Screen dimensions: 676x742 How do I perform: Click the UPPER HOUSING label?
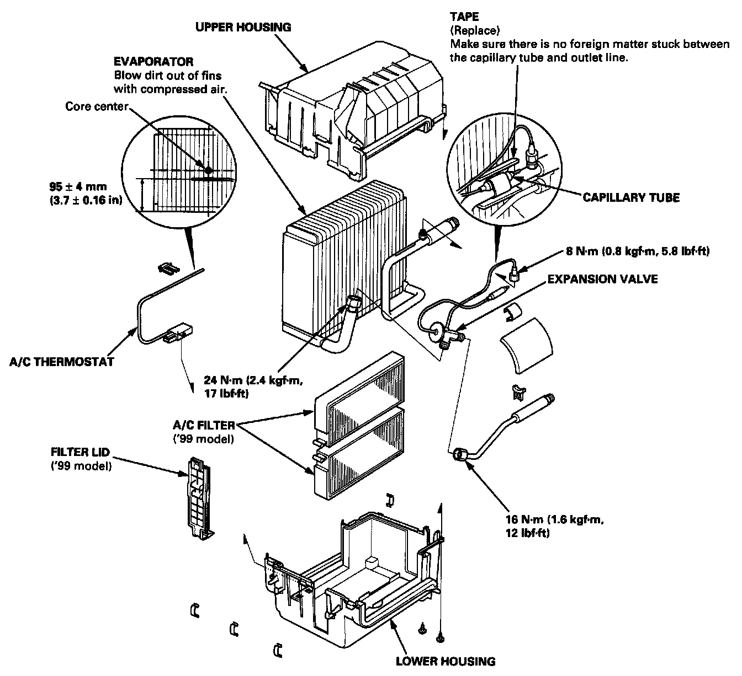(x=243, y=26)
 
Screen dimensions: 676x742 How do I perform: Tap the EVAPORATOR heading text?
(x=153, y=62)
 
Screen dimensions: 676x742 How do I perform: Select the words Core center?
(x=96, y=105)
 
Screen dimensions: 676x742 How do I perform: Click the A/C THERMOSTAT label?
(x=62, y=362)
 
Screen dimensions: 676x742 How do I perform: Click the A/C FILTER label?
(x=204, y=425)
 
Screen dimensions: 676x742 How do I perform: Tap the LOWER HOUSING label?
(x=446, y=661)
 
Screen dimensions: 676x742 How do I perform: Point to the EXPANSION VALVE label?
(x=602, y=279)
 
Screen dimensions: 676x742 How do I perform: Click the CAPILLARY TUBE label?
(x=631, y=198)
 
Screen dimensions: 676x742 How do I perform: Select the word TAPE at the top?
(x=464, y=17)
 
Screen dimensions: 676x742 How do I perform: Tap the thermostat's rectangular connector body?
(x=179, y=332)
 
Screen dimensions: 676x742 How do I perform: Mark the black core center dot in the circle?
(x=208, y=170)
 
